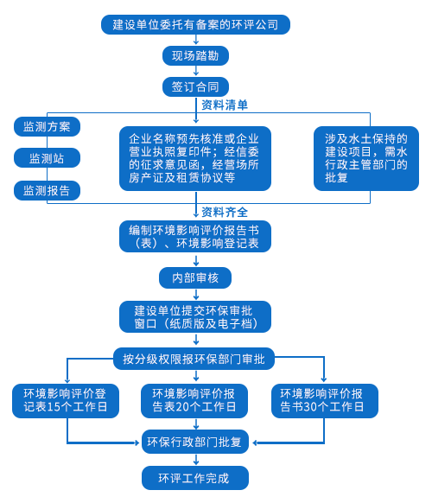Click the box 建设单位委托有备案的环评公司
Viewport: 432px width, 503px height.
[195, 24]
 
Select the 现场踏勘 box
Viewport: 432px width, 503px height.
[195, 56]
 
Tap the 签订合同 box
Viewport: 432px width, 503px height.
[195, 86]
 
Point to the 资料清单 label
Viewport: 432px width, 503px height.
[225, 105]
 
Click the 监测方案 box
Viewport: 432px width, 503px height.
[47, 126]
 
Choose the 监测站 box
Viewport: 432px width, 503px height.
[47, 158]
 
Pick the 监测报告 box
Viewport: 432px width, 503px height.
[47, 190]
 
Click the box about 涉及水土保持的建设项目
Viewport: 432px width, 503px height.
[366, 158]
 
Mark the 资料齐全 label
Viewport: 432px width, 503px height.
[225, 212]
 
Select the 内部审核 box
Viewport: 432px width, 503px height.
[195, 277]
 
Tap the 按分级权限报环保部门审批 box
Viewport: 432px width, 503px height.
[194, 359]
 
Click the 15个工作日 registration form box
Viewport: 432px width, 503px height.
[66, 401]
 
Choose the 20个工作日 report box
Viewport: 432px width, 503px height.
[194, 401]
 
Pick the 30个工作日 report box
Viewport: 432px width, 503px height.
[325, 401]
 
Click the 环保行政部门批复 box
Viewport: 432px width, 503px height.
[195, 442]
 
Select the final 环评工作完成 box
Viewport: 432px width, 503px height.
[195, 478]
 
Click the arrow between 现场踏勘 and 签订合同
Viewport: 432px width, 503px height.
[196, 71]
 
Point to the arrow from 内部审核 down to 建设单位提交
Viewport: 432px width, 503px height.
[196, 294]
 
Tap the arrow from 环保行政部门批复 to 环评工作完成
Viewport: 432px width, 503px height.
[196, 460]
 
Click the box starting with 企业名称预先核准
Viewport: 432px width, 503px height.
[195, 158]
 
